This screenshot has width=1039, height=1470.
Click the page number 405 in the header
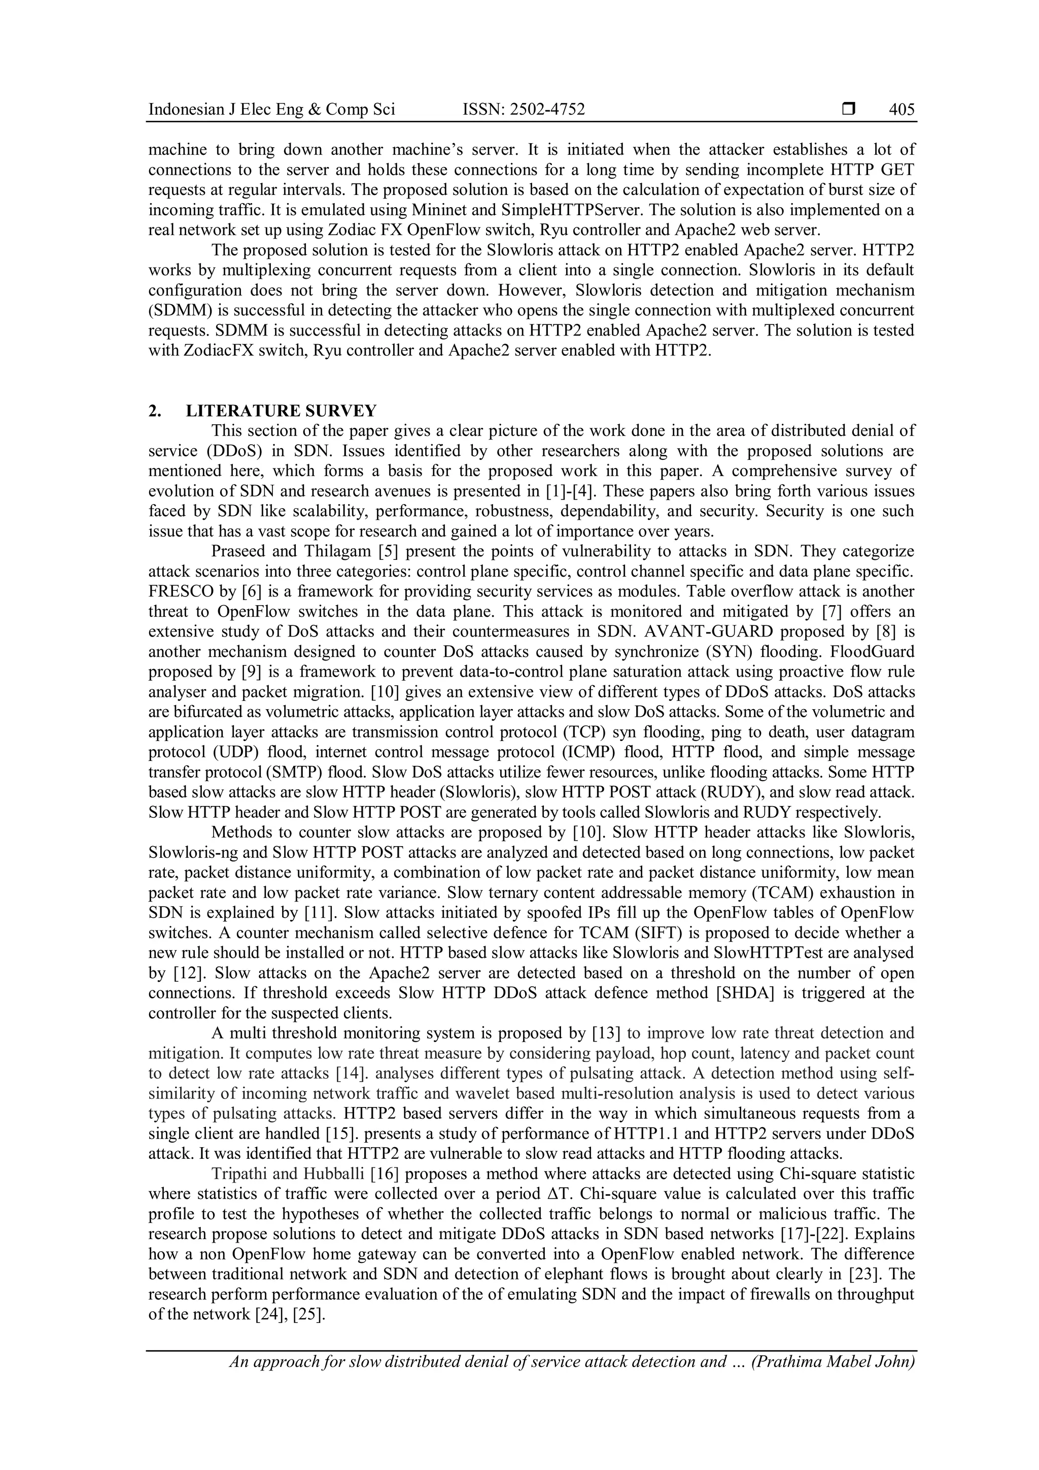click(x=902, y=110)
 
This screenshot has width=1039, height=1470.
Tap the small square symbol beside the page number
click(x=848, y=110)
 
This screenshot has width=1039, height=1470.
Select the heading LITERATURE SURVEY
click(x=282, y=411)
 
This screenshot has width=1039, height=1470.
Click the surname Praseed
click(x=240, y=551)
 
